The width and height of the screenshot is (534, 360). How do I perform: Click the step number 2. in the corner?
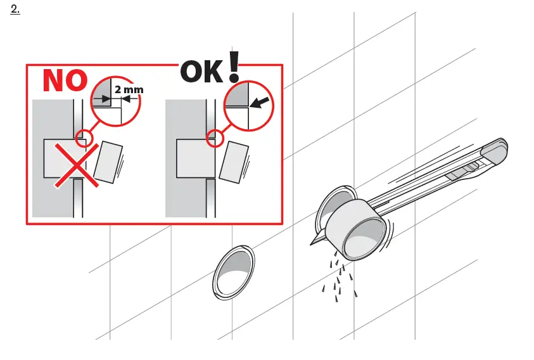(16, 11)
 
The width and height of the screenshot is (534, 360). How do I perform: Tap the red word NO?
(65, 81)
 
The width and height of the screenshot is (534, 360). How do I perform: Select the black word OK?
(202, 72)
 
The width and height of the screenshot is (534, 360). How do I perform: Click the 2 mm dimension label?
(129, 89)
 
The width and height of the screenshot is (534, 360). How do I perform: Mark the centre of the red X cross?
(75, 164)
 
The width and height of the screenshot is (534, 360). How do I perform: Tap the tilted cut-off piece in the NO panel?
(109, 162)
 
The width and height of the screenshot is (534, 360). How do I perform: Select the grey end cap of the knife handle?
(495, 149)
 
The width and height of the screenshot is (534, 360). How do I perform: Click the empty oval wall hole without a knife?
(235, 271)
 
